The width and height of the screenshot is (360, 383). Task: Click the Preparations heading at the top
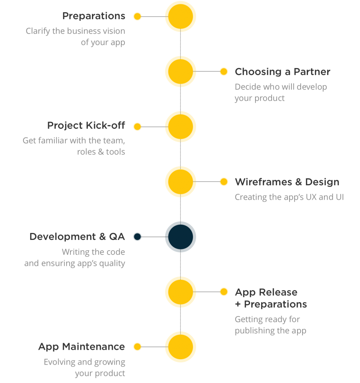tap(94, 16)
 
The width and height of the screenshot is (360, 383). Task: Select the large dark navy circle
tap(180, 237)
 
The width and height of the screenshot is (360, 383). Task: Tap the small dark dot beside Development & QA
tap(137, 236)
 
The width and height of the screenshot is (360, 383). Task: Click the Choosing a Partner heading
tap(283, 72)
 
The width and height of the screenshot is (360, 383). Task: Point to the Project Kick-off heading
tap(86, 125)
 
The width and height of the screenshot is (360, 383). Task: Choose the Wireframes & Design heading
tap(287, 182)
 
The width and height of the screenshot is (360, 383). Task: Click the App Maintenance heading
tap(82, 347)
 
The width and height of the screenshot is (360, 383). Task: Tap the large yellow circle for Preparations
tap(180, 16)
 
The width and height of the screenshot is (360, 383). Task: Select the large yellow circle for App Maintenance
tap(180, 347)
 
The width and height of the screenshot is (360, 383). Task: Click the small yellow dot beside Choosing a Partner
tap(224, 71)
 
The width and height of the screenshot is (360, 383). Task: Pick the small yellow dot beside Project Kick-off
tap(137, 127)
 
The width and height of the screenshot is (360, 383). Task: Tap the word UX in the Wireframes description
tap(311, 197)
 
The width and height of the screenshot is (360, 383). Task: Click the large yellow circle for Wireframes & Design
tap(180, 182)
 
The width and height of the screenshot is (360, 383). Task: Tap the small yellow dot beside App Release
tap(224, 292)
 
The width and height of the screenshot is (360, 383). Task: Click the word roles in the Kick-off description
tap(86, 152)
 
